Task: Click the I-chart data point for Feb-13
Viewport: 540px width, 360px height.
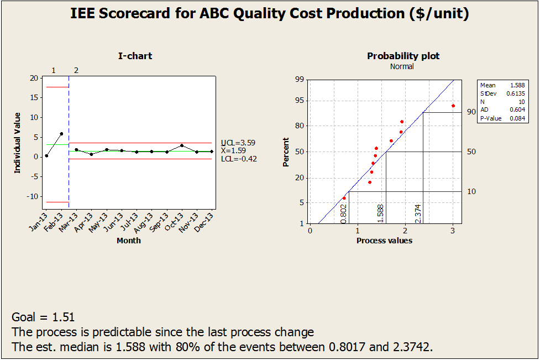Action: (61, 133)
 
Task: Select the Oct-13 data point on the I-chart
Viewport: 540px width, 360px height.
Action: (182, 145)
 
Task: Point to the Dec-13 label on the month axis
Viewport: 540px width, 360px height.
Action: (206, 224)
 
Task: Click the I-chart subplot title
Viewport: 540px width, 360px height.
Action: (135, 56)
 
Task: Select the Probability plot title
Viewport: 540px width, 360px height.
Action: (403, 56)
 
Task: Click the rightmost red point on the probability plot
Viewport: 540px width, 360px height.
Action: (453, 106)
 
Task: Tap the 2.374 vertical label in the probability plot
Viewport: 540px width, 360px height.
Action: (418, 213)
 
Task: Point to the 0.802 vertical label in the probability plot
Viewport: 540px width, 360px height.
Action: (344, 213)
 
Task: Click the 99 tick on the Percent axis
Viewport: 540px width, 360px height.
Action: (300, 80)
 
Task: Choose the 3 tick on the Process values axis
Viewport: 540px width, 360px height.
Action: (453, 230)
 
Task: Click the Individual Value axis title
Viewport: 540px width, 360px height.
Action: (18, 143)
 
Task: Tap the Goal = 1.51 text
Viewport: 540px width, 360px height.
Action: (43, 317)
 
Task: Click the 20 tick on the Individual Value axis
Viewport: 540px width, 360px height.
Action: (34, 78)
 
